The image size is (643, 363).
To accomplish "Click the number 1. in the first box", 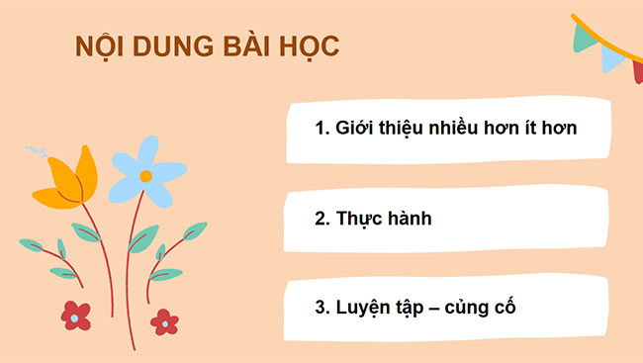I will click(321, 129).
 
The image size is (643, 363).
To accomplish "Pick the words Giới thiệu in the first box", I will click(374, 129).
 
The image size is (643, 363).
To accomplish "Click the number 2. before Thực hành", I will click(321, 218).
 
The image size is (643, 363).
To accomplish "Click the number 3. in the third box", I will click(321, 307).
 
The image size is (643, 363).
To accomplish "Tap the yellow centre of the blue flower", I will click(145, 176).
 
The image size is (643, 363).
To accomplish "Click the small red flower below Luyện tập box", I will click(165, 321).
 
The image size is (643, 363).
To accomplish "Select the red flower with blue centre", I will click(75, 316).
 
